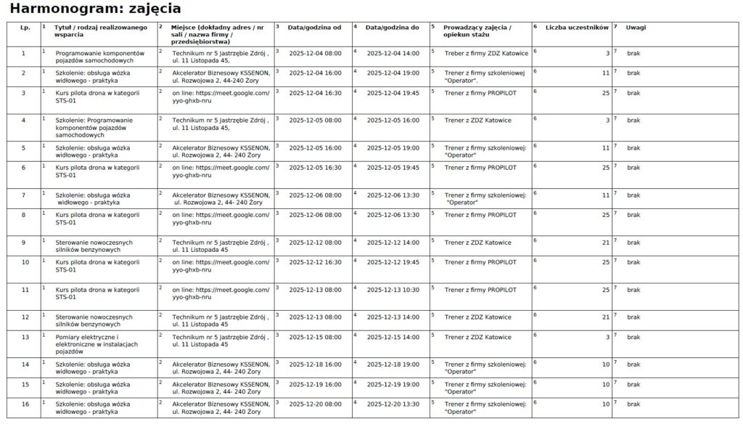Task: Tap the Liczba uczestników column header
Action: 576,28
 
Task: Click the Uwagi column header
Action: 636,28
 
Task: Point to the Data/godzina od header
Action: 314,28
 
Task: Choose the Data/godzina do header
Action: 393,28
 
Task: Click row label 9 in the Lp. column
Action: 23,242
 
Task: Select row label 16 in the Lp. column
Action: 25,403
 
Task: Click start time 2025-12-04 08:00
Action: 315,54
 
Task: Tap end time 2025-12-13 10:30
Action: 393,290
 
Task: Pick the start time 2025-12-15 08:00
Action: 315,337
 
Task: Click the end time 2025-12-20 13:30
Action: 393,403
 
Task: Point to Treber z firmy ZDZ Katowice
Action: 486,54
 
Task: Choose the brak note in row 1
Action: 633,54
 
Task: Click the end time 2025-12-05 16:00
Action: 393,120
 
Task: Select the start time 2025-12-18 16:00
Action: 315,364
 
